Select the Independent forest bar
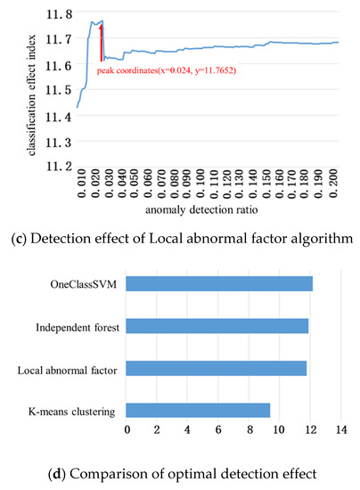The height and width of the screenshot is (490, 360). (x=217, y=326)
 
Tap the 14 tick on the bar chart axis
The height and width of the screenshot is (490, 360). (x=340, y=433)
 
